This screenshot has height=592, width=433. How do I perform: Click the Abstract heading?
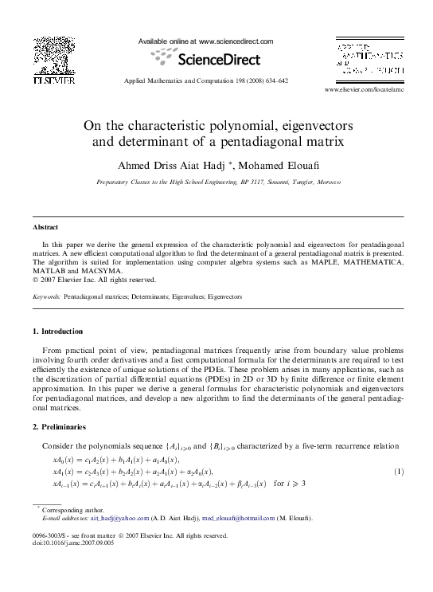coord(45,227)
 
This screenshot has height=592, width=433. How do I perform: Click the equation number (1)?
coord(398,471)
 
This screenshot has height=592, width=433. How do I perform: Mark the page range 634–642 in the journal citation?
coord(273,81)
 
